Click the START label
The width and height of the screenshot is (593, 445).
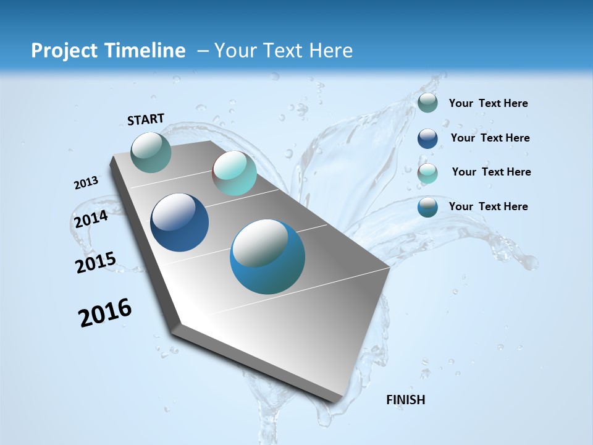coord(146,119)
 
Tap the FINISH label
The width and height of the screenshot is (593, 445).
coord(405,400)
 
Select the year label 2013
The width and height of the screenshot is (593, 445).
coord(86,183)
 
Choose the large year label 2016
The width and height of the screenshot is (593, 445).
coord(105,313)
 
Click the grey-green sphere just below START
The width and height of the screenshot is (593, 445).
coord(151,152)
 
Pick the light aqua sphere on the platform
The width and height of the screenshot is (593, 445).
coord(234,173)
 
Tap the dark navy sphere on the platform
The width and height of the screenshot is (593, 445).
coord(179,222)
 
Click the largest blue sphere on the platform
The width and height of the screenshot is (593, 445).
coord(267,256)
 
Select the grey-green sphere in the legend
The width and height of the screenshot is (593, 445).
coord(427,103)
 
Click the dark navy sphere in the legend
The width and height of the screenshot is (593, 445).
coord(427,138)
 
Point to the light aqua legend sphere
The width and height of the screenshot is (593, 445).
coord(427,173)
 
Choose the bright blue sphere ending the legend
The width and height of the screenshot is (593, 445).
coord(427,207)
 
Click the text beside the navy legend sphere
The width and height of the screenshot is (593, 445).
coord(490,138)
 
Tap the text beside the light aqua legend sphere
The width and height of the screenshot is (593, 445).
coord(491,172)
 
